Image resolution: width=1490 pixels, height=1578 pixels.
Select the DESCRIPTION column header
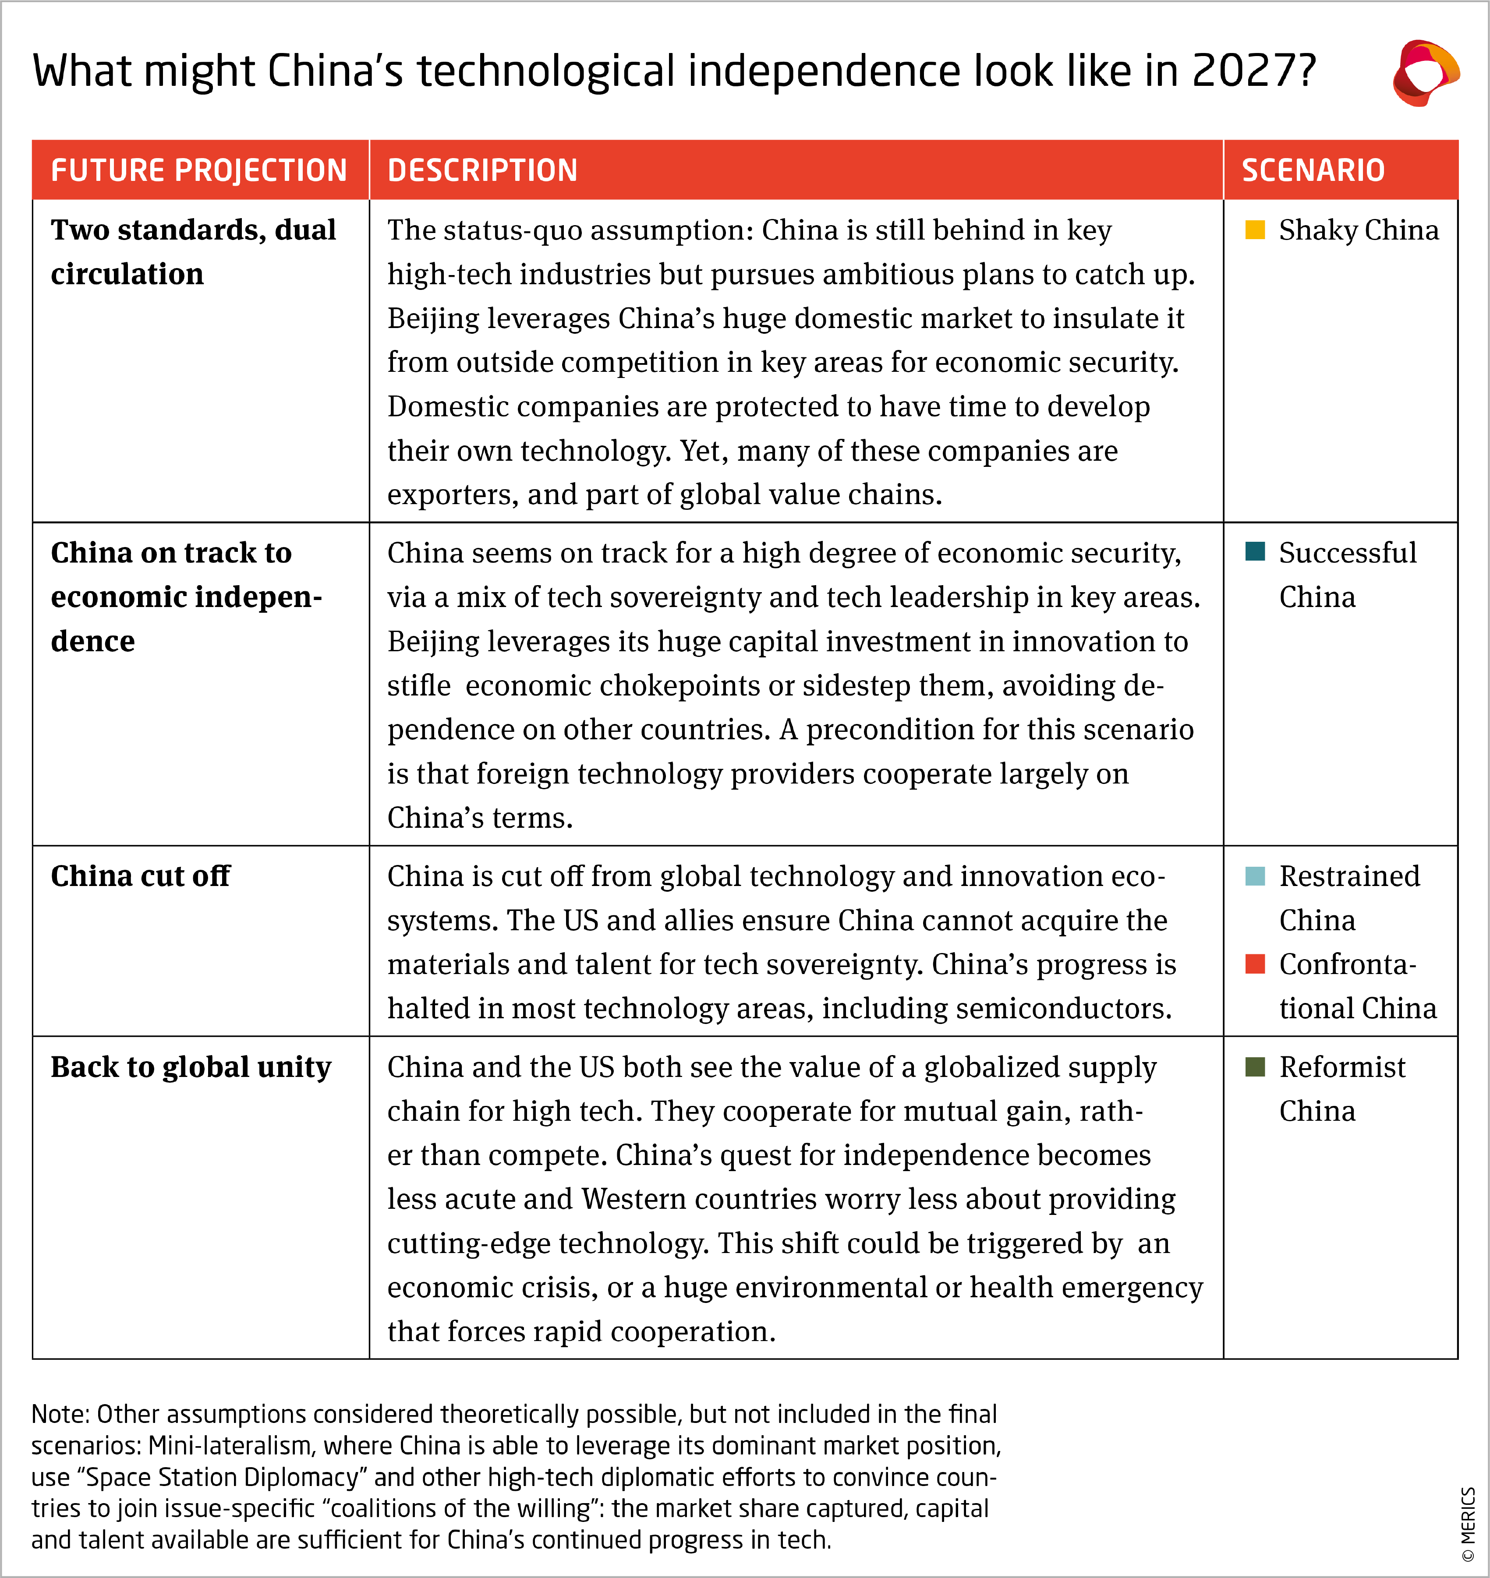[482, 170]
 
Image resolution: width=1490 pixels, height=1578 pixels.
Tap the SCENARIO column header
[1313, 170]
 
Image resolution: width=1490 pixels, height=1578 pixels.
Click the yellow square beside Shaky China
[1255, 229]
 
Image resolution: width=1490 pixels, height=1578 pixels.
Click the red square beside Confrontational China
[1255, 964]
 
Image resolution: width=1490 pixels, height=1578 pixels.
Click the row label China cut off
[141, 876]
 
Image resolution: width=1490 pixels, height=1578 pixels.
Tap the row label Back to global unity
[191, 1066]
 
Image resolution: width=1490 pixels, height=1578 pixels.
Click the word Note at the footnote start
[60, 1414]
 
